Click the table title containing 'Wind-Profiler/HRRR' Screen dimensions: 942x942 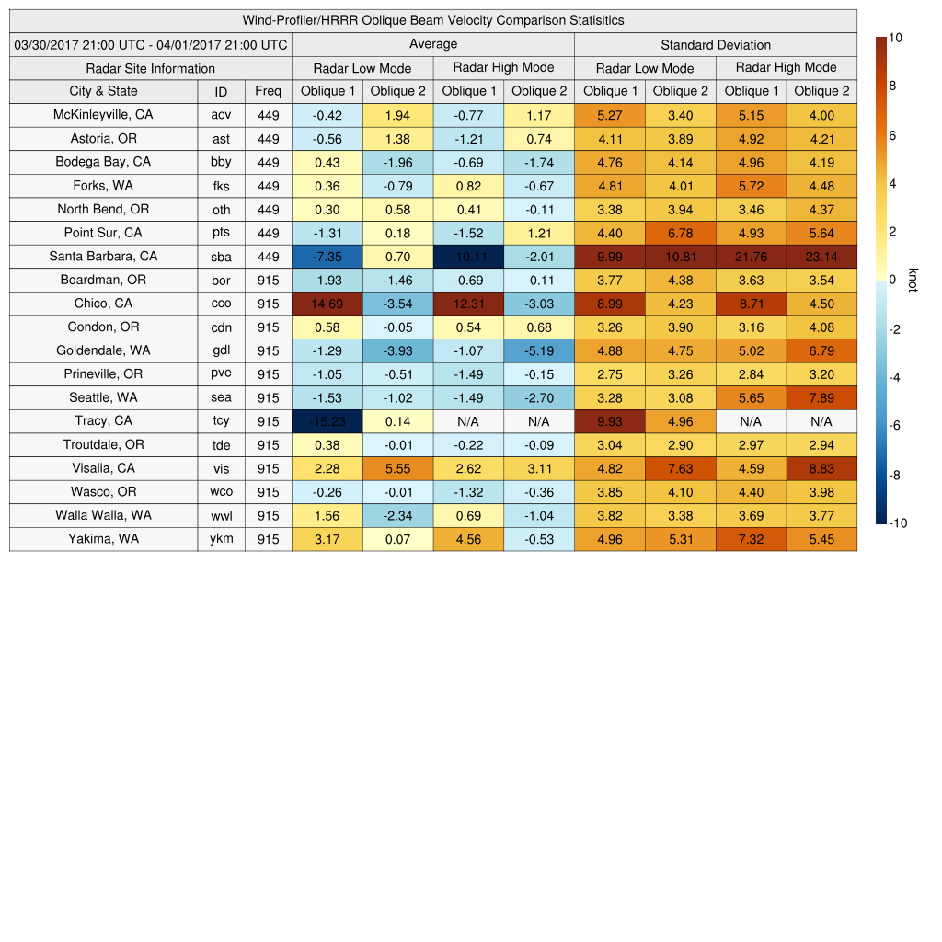[x=433, y=20]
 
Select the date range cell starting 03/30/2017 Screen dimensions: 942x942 [x=151, y=44]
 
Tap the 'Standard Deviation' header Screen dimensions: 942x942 [x=716, y=44]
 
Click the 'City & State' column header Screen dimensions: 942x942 [x=103, y=91]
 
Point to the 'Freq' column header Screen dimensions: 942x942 [x=268, y=91]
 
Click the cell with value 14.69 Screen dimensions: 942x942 [x=327, y=304]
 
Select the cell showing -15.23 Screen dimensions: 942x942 [x=327, y=421]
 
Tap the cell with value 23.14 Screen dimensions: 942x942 [x=821, y=257]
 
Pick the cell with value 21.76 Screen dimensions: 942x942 [x=751, y=257]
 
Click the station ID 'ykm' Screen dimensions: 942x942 [x=221, y=539]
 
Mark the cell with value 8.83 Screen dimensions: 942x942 [x=821, y=468]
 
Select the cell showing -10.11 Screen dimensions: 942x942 [x=468, y=257]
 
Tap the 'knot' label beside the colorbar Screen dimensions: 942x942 [x=913, y=280]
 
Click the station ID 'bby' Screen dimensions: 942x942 [x=221, y=162]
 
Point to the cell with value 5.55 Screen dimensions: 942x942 [x=397, y=468]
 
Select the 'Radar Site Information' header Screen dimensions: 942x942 [x=150, y=68]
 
